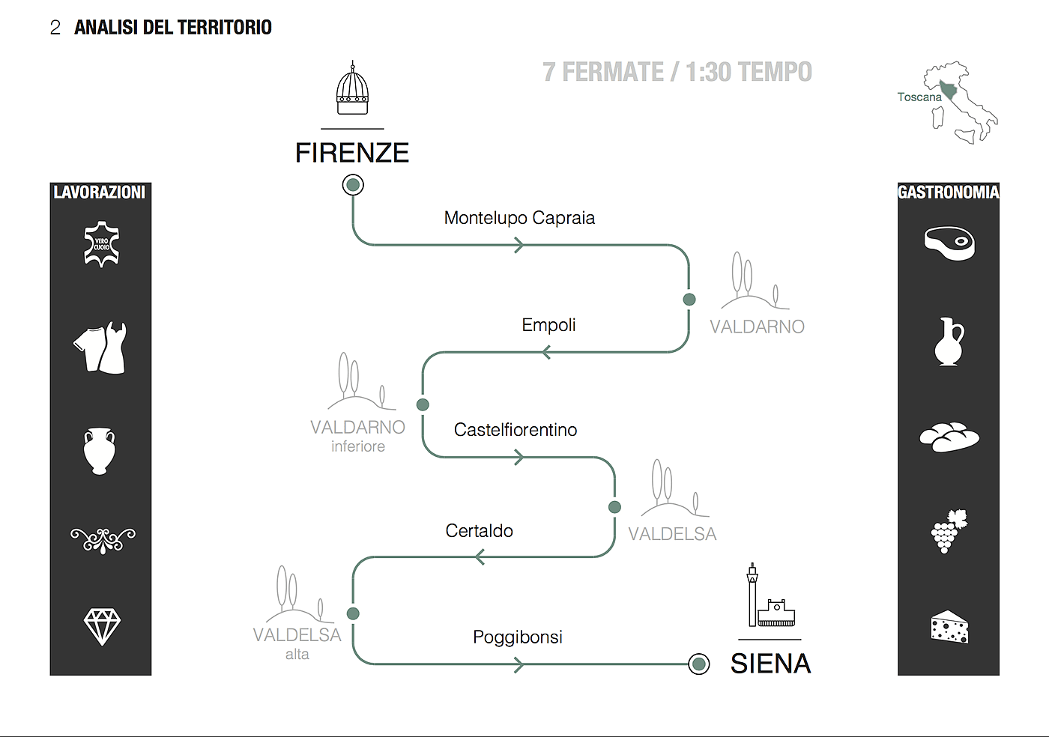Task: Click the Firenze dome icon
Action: click(352, 90)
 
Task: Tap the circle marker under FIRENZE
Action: click(353, 184)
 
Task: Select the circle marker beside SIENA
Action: click(698, 664)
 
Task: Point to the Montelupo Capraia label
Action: click(519, 218)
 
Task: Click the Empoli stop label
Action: click(548, 325)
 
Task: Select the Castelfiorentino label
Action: click(516, 430)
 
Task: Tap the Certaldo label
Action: click(479, 531)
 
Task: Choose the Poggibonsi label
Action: click(517, 637)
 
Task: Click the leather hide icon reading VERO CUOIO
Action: click(101, 244)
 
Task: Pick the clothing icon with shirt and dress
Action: click(101, 348)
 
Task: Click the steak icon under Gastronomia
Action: click(949, 243)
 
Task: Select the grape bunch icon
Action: click(949, 531)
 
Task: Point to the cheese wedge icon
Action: click(949, 627)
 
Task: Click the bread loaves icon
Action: click(949, 436)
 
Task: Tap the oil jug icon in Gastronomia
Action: click(949, 342)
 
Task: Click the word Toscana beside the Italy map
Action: click(919, 97)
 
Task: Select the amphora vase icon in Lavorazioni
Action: click(100, 450)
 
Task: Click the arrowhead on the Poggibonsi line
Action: click(519, 664)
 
